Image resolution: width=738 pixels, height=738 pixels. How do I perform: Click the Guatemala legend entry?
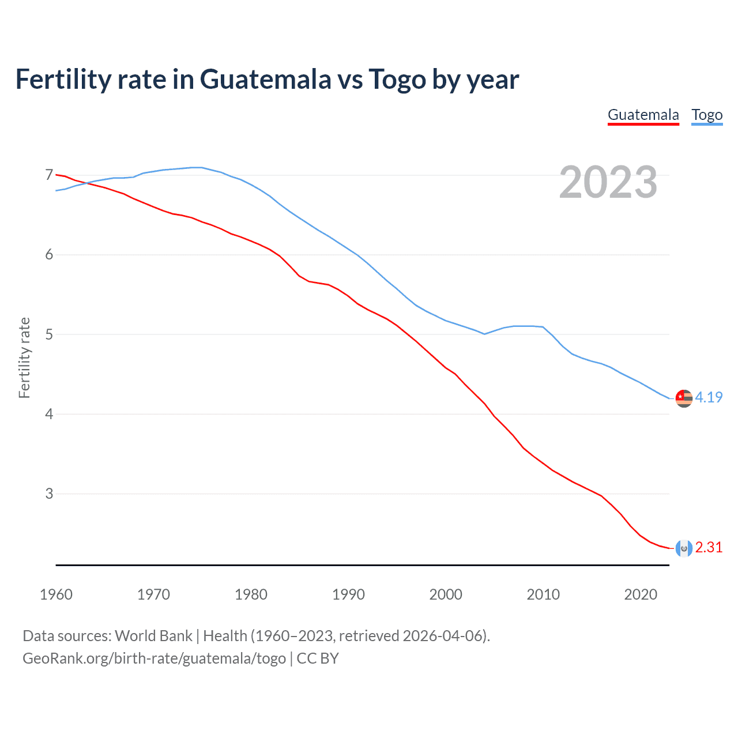pyautogui.click(x=643, y=115)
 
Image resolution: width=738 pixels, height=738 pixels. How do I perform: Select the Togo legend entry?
pyautogui.click(x=707, y=115)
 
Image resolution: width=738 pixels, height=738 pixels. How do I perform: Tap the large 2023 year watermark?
pyautogui.click(x=608, y=182)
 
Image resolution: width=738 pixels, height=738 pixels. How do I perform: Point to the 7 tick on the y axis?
pyautogui.click(x=49, y=175)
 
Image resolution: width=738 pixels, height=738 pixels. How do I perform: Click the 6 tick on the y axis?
pyautogui.click(x=49, y=254)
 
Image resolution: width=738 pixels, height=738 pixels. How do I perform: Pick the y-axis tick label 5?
pyautogui.click(x=49, y=334)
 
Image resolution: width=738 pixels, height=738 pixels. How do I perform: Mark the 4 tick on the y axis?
pyautogui.click(x=49, y=414)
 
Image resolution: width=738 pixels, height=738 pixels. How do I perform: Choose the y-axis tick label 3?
pyautogui.click(x=49, y=494)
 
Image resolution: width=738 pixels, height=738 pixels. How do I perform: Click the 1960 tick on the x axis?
pyautogui.click(x=56, y=594)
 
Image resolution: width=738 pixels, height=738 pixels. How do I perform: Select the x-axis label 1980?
pyautogui.click(x=251, y=594)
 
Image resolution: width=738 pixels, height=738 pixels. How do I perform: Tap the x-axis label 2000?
pyautogui.click(x=446, y=594)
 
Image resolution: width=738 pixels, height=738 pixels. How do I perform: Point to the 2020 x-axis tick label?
pyautogui.click(x=641, y=594)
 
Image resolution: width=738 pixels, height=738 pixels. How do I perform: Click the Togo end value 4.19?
pyautogui.click(x=709, y=397)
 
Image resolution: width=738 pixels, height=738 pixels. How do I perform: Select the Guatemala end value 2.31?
pyautogui.click(x=709, y=547)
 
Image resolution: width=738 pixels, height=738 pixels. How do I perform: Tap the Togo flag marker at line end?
pyautogui.click(x=684, y=398)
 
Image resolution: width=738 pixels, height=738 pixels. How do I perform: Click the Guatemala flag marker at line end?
pyautogui.click(x=684, y=548)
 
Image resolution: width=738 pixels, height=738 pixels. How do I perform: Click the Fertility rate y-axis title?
pyautogui.click(x=24, y=357)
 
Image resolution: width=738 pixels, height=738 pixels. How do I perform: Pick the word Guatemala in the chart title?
pyautogui.click(x=265, y=79)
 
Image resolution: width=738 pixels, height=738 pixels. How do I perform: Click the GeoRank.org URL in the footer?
pyautogui.click(x=154, y=658)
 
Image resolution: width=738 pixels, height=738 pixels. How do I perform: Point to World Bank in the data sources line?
pyautogui.click(x=153, y=635)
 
